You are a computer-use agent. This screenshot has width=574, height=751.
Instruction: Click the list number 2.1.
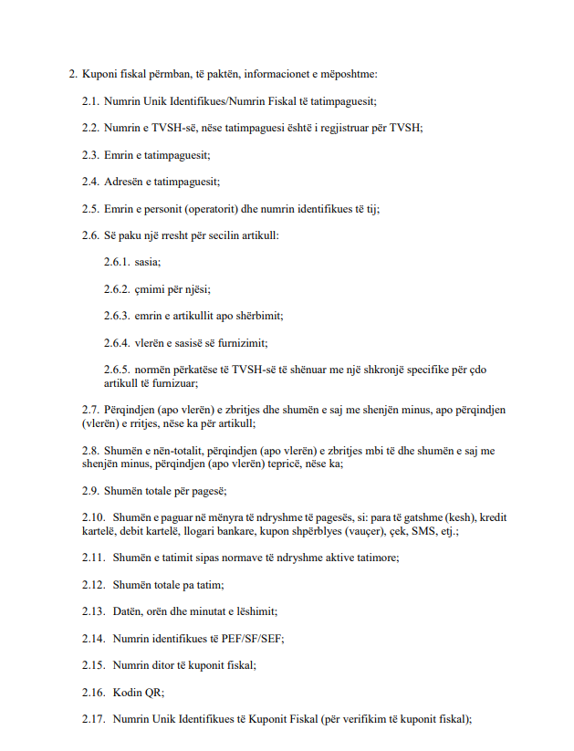(89, 100)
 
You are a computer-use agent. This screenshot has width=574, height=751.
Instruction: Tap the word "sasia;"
(147, 263)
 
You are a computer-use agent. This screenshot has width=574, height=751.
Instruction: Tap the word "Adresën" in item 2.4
(123, 182)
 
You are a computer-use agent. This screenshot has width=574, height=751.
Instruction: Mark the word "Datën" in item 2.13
(128, 610)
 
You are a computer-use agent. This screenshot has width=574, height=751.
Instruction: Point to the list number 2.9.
(89, 491)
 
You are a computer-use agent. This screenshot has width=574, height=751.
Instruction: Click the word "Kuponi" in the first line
(99, 73)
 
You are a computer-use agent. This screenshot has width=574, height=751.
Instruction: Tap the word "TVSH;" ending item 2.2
(407, 128)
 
